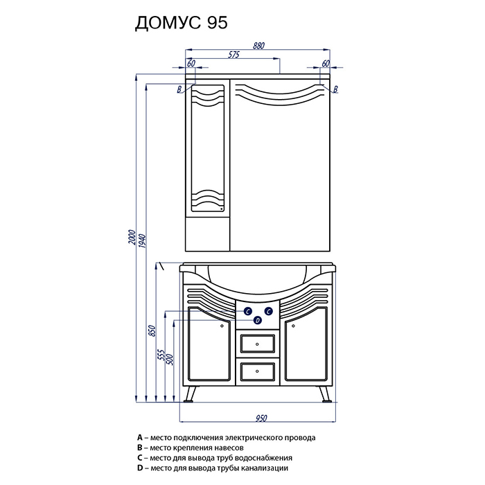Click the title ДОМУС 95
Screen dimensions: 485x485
click(182, 23)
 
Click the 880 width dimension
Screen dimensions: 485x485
click(258, 46)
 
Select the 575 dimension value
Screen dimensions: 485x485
click(234, 55)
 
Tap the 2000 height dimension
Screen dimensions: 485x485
click(132, 237)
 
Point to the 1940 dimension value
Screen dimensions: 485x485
click(143, 241)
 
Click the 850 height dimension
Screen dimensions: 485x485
click(152, 331)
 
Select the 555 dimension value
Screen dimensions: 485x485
click(161, 355)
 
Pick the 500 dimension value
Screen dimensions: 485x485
click(170, 360)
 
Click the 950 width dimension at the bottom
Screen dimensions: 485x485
click(261, 418)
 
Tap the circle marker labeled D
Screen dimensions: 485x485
click(258, 320)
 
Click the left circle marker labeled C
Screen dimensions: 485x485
click(248, 311)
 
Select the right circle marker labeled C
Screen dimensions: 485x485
click(269, 311)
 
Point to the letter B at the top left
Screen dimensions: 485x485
click(179, 89)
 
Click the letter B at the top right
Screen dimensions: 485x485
click(335, 89)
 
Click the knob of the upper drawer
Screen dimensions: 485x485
click(257, 344)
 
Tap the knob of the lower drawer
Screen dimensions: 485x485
click(257, 371)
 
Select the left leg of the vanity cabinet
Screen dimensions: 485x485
click(189, 394)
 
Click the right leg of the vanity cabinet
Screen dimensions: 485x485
click(326, 394)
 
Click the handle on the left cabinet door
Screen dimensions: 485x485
click(222, 326)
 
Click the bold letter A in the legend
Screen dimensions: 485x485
click(140, 438)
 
